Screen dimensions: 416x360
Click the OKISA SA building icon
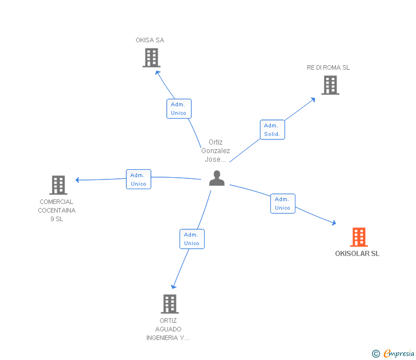coord(151,58)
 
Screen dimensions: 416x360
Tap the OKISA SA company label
coord(150,40)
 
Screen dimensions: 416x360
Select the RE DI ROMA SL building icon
coord(330,85)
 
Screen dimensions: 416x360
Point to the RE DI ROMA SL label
coord(328,67)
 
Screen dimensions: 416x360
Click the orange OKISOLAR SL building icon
coord(358,237)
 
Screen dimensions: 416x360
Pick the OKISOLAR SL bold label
coord(357,254)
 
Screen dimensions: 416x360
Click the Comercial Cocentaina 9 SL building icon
coord(58,185)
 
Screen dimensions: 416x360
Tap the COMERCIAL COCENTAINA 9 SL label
coord(57,210)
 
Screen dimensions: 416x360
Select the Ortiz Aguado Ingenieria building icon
coord(170,304)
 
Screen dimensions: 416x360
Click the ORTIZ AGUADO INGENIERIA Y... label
coord(168,329)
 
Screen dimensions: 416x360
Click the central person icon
coord(217,178)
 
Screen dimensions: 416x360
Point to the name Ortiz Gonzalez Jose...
coord(215,151)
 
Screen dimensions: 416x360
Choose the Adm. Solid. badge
coord(272,130)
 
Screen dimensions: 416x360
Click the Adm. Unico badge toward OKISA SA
coord(178,109)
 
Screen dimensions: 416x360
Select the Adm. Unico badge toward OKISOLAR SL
coord(282,203)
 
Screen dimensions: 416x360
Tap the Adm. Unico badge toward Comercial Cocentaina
coord(138,179)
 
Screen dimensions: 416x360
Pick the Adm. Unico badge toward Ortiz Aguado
coord(191,239)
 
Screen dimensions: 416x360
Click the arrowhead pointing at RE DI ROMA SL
coord(313,99)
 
